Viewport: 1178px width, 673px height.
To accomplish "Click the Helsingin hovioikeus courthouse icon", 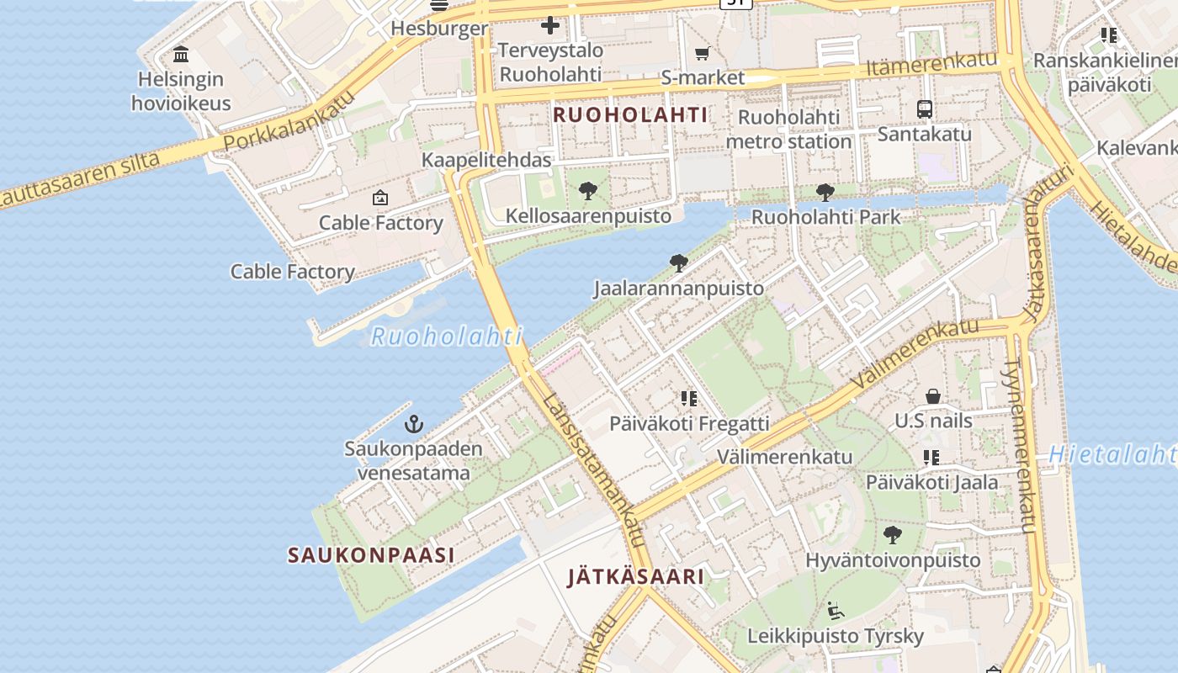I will coord(180,56).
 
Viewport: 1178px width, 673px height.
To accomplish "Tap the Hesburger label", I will coord(439,29).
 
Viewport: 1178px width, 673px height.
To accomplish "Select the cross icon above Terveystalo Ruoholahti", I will coord(550,25).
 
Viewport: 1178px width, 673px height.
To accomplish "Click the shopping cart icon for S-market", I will coord(702,54).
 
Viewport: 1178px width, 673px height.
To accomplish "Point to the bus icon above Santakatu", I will coord(924,109).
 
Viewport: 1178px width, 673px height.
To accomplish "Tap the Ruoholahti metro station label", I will coord(788,130).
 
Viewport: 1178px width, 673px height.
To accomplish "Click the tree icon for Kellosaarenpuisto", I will coord(588,191).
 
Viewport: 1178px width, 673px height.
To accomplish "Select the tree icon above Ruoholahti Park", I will coord(825,192).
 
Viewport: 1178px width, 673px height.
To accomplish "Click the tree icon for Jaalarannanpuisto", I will coord(678,263).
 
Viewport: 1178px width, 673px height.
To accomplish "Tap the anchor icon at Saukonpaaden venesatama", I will coord(413,423).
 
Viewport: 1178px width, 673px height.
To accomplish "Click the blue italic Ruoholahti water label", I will coord(447,336).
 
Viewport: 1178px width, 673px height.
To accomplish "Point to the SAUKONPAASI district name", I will coord(371,555).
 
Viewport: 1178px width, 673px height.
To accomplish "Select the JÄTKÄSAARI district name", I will coord(635,577).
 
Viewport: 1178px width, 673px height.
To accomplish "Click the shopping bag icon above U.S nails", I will coord(932,395).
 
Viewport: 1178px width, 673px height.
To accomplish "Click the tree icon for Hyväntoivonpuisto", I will coord(893,534).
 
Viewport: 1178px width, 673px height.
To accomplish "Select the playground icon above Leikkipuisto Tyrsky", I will coord(836,611).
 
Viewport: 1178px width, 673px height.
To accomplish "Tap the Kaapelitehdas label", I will coord(486,160).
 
